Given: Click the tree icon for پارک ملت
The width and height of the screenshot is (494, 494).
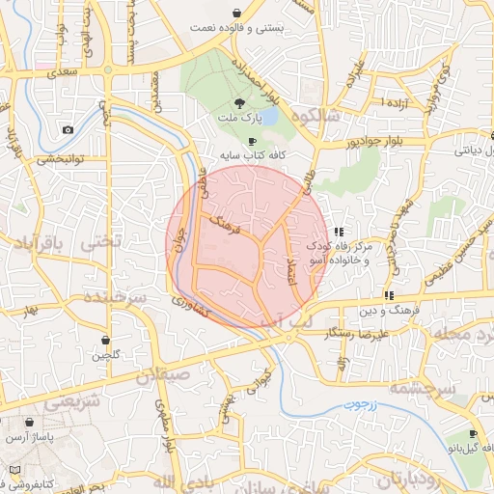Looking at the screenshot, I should coord(238,102).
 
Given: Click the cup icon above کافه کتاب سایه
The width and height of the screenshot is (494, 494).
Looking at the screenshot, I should coord(253,141).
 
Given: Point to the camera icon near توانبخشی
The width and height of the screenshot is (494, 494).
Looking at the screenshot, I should coord(68,130).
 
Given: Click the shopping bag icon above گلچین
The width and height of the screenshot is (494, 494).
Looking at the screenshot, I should coord(104,341).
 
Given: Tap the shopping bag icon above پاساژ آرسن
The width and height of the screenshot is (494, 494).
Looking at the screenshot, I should coord(30,423).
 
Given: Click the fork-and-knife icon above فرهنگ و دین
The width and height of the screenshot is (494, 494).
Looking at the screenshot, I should coord(388,295).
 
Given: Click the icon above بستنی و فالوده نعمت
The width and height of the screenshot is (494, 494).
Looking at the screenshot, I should coord(236,13).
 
